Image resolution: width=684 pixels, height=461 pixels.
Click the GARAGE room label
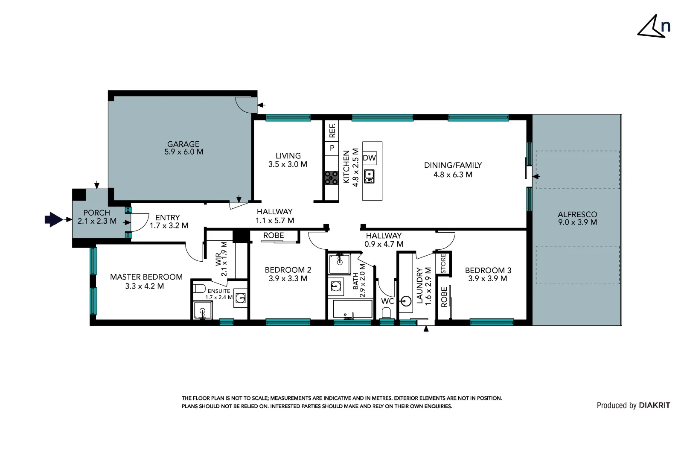tap(183, 144)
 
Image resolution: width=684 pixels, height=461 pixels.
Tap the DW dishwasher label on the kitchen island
tap(369, 158)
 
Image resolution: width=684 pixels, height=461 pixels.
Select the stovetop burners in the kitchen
tap(332, 178)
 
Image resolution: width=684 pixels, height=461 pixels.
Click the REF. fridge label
tap(332, 130)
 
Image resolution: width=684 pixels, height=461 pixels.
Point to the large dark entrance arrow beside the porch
tap(53, 219)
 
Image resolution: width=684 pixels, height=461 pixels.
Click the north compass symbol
tap(653, 27)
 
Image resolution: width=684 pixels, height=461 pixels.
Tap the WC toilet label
tap(387, 301)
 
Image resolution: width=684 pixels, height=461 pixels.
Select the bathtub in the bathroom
tap(352, 309)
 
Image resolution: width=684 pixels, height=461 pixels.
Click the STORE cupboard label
tap(443, 263)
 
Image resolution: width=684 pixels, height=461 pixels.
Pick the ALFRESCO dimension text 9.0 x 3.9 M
tap(577, 222)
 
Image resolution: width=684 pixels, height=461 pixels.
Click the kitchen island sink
tap(369, 176)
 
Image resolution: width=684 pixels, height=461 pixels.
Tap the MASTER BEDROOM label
tap(146, 277)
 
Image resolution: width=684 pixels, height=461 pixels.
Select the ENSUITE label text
tap(219, 291)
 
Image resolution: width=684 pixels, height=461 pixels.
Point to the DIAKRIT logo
tap(654, 406)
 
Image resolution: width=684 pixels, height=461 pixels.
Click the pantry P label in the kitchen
tap(332, 148)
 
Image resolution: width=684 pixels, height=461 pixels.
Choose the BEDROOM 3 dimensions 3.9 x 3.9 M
tap(487, 279)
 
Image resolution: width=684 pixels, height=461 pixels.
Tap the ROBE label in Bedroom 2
tap(273, 236)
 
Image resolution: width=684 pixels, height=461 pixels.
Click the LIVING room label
tap(288, 156)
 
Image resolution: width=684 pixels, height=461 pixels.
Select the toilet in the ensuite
tap(199, 288)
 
